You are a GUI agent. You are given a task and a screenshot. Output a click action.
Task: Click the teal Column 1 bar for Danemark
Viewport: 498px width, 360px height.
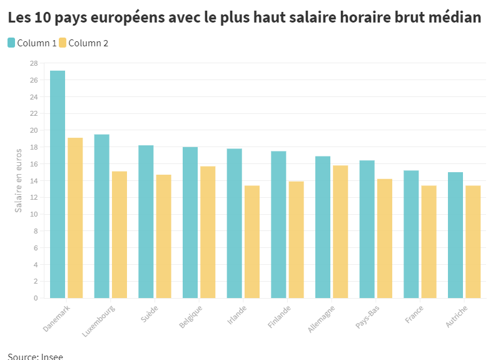click(x=58, y=184)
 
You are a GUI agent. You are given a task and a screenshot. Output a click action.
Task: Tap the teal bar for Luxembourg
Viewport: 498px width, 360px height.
click(x=101, y=216)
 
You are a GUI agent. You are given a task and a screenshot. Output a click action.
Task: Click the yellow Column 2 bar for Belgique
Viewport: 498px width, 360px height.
click(x=208, y=232)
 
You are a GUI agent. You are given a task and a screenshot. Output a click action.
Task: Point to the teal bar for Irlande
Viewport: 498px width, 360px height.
click(x=234, y=223)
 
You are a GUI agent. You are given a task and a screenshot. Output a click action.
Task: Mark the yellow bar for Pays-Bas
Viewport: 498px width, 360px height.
click(x=385, y=238)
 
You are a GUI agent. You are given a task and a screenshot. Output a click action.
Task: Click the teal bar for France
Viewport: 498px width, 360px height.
click(x=411, y=234)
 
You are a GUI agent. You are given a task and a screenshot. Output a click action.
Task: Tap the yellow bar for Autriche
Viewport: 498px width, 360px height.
click(x=473, y=242)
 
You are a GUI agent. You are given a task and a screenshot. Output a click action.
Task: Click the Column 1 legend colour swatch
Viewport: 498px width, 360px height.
click(x=12, y=43)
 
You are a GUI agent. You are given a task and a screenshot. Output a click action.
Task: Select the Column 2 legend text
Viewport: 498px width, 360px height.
click(x=88, y=43)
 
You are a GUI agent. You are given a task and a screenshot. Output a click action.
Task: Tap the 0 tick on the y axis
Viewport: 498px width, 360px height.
click(x=36, y=298)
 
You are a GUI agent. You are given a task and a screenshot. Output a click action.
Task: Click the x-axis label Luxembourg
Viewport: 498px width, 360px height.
click(x=99, y=321)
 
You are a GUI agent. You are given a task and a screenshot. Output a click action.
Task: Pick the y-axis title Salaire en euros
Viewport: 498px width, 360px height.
click(x=19, y=180)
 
